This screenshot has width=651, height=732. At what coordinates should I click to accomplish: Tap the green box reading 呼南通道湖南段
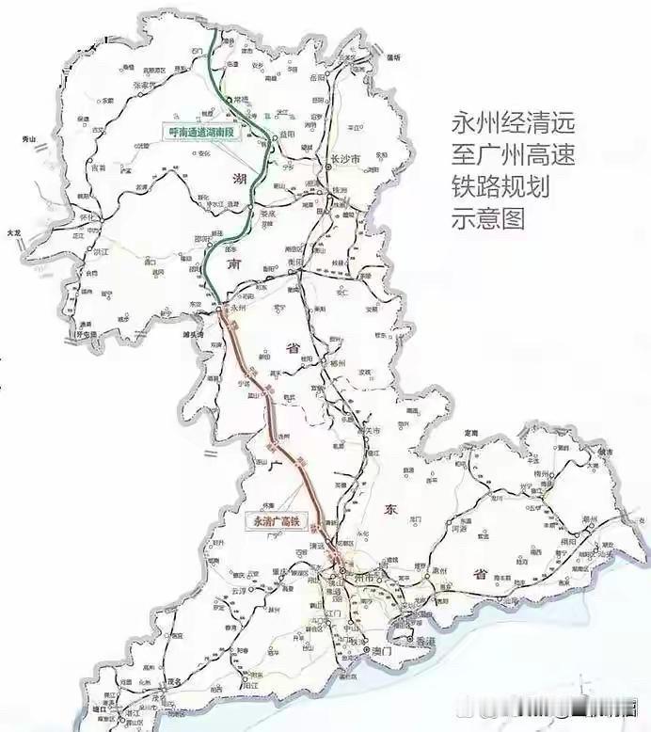point(199,133)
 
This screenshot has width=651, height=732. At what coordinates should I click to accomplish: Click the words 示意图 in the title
point(487,218)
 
